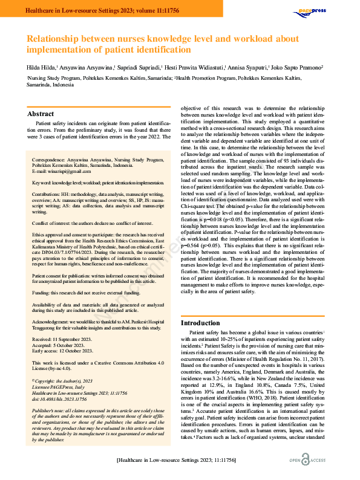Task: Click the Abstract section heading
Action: [41, 114]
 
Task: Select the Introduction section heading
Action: [201, 323]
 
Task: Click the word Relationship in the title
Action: [59, 39]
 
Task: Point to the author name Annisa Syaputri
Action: [247, 68]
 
